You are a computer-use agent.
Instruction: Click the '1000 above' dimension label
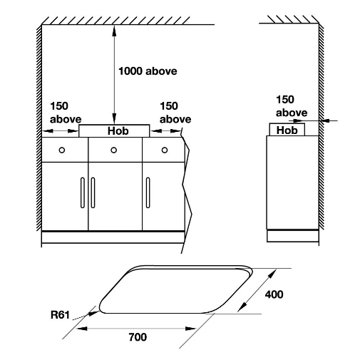coord(148,71)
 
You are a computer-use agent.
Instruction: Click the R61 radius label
coord(60,315)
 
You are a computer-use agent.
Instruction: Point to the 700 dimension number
coord(138,337)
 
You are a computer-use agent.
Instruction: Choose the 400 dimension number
coord(274,294)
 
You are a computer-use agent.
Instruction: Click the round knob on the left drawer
coord(62,150)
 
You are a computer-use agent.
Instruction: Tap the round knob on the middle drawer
coord(114,150)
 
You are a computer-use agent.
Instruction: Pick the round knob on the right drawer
coord(165,150)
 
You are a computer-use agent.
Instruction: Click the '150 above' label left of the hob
coord(66,113)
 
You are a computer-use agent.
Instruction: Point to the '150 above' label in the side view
coord(292,106)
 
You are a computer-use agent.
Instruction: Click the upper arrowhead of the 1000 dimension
coord(114,31)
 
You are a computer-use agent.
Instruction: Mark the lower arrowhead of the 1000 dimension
coord(114,118)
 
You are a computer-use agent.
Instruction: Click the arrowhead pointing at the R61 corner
coord(93,313)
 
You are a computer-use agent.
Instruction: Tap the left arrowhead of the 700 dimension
coord(82,329)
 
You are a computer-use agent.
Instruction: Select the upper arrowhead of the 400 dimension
coord(272,273)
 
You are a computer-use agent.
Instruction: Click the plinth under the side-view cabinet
coord(293,236)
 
